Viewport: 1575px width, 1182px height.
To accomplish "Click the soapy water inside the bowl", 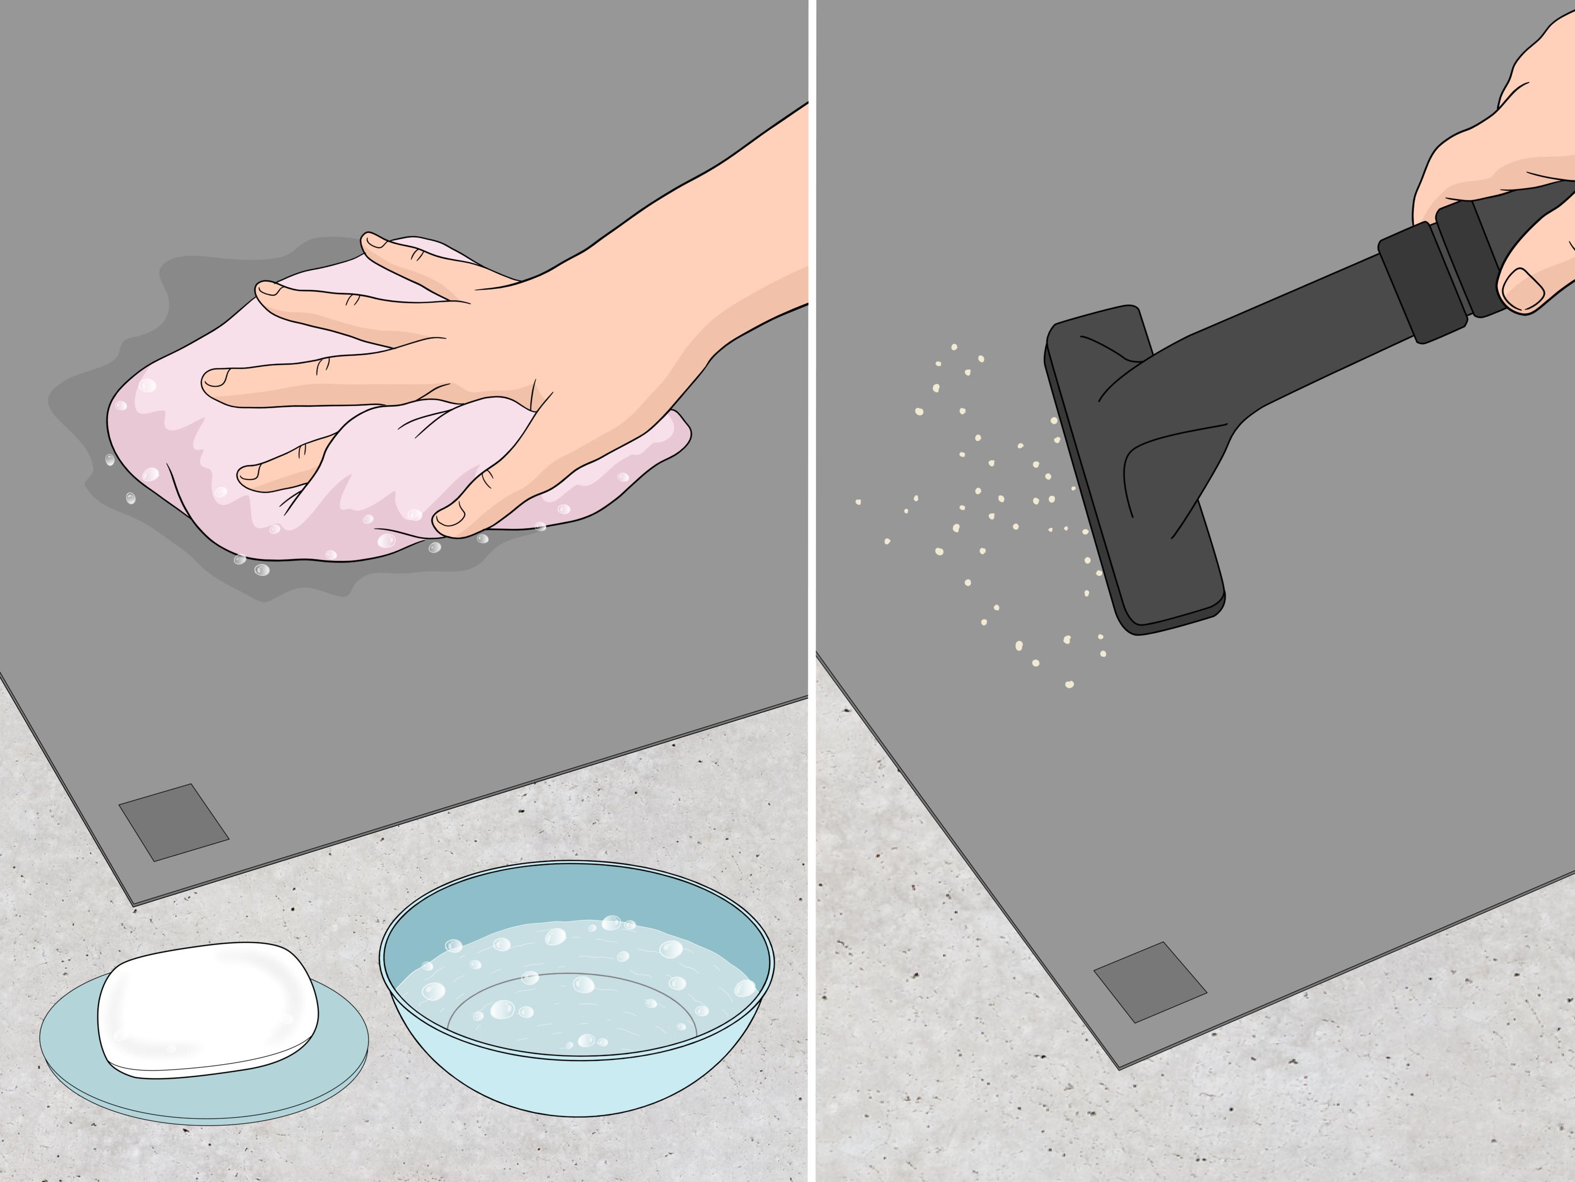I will [569, 997].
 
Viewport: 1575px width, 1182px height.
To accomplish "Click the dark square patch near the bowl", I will [173, 821].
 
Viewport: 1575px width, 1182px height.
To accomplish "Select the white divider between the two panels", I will [812, 591].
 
